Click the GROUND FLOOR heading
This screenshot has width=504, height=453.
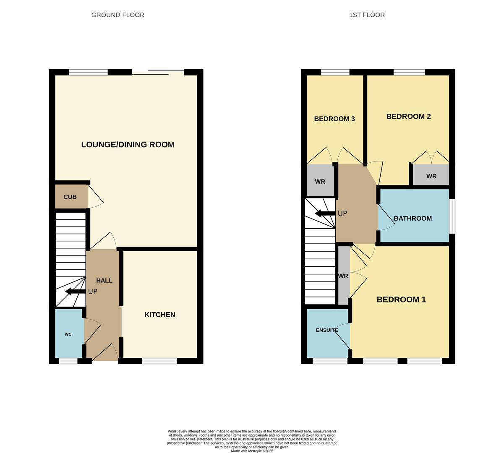coord(118,15)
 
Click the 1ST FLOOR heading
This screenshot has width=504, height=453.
coord(367,15)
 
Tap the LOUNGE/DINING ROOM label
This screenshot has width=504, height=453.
coord(128,145)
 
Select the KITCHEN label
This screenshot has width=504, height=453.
coord(160,315)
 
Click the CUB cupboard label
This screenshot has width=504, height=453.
coord(70,197)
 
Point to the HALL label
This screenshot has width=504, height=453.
coord(104,281)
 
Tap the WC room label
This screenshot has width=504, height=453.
coord(68,334)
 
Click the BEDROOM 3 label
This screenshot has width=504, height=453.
coord(334,119)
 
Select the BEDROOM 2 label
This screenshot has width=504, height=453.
coord(408,117)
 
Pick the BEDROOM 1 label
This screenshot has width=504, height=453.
coord(401,299)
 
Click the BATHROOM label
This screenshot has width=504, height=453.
coord(413,219)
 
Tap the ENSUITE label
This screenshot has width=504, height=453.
coord(327,330)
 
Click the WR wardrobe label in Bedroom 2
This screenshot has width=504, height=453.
coord(431,176)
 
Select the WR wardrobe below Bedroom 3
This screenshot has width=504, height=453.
coord(320,182)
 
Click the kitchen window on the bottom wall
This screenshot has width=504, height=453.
coord(159,361)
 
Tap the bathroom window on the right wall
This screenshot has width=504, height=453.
coord(452,216)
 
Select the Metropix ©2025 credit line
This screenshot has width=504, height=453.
coord(252,451)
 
